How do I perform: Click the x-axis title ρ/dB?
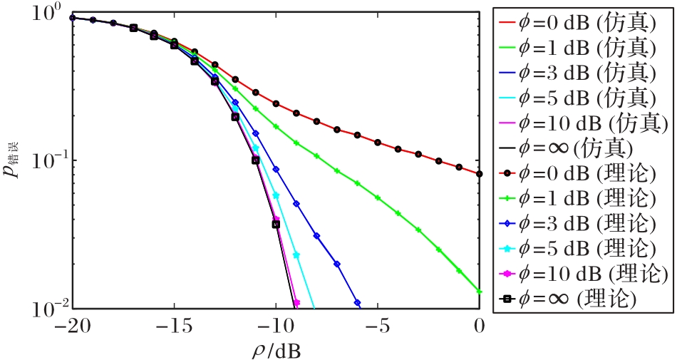click(275, 349)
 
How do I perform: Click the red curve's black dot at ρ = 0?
click(480, 173)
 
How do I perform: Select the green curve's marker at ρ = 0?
click(480, 291)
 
